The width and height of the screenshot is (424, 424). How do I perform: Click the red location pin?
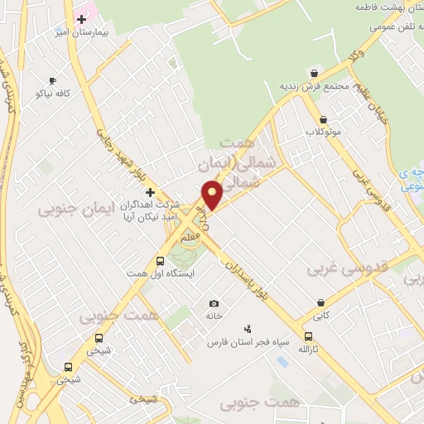[x=212, y=195]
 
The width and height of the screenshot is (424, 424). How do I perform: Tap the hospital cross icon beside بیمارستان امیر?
[x=81, y=17]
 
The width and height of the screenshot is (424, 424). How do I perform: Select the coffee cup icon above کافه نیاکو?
[x=53, y=80]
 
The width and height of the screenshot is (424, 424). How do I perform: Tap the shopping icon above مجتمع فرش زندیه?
[x=314, y=72]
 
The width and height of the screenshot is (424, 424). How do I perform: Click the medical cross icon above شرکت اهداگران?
[x=149, y=192]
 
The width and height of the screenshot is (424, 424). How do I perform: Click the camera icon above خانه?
[x=214, y=303]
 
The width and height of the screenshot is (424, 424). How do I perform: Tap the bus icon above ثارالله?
[x=309, y=336]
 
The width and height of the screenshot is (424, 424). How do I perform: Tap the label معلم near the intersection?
[x=190, y=238]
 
